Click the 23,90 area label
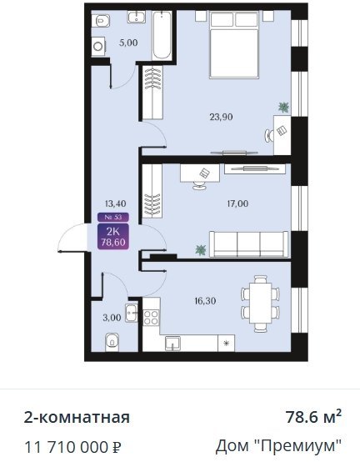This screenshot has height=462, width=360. coord(221,118)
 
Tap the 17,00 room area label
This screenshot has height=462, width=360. coord(237,203)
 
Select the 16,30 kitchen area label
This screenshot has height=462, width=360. coord(205,301)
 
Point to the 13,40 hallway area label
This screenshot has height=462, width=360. coord(115,203)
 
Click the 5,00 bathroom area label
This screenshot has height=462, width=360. coord(128,43)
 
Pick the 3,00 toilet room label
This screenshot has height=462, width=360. coord(112,318)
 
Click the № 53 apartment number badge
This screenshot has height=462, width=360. coord(113,217)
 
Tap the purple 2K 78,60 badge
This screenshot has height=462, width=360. coord(113,237)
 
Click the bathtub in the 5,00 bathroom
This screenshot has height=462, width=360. coord(162,36)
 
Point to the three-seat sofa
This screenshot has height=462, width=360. coord(248,244)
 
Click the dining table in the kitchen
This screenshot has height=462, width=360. coord(261,303)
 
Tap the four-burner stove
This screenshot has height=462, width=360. coord(151,318)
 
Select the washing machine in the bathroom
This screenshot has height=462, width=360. coord(98,47)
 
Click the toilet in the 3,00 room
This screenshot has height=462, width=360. coord(112,342)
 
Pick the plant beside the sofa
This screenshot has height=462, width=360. coord(201,250)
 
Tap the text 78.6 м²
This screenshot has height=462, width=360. coord(314,417)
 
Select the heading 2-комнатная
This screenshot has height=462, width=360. coord(77,417)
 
